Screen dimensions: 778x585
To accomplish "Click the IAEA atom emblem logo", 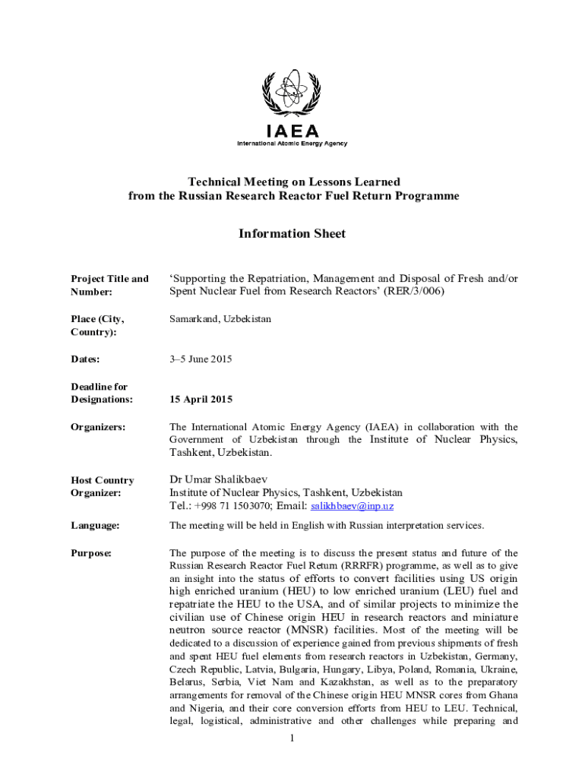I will click(292, 93).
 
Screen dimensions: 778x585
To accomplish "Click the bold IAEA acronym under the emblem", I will click(292, 130).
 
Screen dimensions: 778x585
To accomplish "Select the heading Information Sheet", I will click(292, 233).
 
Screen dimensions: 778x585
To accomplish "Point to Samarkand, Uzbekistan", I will click(220, 319).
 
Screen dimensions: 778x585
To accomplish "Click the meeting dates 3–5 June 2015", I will click(201, 359).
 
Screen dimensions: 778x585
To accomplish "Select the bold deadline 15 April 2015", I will click(201, 399).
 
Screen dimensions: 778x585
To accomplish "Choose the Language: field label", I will click(96, 525).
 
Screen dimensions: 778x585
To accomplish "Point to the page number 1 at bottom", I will click(292, 738).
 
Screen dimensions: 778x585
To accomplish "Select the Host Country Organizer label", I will click(102, 486).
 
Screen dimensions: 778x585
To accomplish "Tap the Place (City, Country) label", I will click(97, 326).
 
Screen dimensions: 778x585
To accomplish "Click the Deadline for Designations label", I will click(101, 393).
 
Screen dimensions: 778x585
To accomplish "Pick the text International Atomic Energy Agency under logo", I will click(292, 144).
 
